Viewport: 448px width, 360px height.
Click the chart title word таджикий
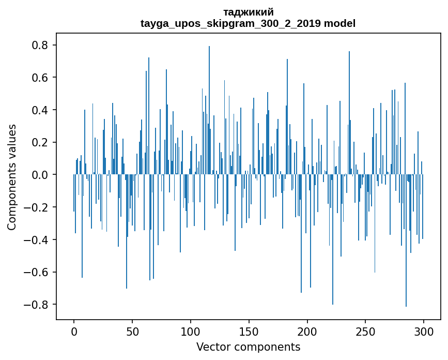249,12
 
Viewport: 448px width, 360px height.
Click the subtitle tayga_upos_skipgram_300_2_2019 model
248,23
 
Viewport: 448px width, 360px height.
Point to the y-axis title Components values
12,177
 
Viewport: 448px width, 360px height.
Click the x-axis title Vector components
248,347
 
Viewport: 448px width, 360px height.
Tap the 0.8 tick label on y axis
40,46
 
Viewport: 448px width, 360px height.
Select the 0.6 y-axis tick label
40,78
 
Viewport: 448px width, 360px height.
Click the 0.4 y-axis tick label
40,110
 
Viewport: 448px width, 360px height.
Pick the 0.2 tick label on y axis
40,142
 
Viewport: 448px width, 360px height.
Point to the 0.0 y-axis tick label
40,175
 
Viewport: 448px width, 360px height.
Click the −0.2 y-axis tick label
37,207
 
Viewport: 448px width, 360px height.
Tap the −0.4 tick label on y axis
37,239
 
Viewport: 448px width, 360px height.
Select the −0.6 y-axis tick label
37,272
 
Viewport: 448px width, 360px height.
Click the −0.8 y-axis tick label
37,304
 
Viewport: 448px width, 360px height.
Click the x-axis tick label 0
74,331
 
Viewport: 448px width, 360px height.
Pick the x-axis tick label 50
132,331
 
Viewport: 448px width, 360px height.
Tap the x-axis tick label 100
191,331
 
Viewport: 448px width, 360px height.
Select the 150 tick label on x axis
249,331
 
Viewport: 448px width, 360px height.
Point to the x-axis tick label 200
307,331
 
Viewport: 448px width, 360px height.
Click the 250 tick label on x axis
365,331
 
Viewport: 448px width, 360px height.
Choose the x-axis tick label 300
424,331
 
